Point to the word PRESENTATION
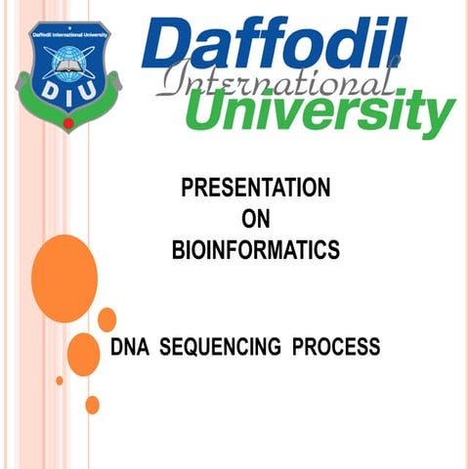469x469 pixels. [x=255, y=188]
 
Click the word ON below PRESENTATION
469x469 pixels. [x=255, y=219]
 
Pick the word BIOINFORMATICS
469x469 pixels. [x=255, y=250]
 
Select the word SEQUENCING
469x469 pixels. [x=220, y=347]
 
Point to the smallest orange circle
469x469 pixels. [x=60, y=380]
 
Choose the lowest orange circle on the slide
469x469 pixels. [x=92, y=405]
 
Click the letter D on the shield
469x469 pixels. [x=44, y=91]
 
